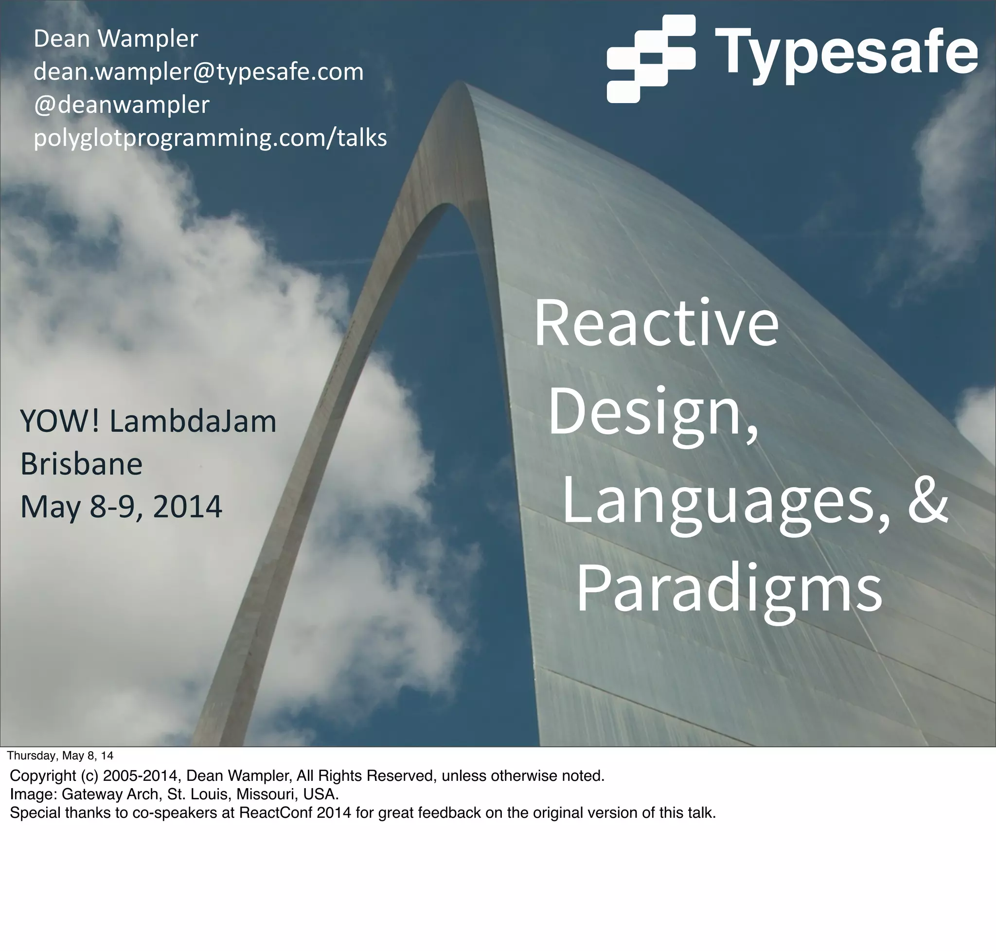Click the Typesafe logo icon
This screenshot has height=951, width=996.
click(651, 58)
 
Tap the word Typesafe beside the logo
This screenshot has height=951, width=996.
click(846, 52)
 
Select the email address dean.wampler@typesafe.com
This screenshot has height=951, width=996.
click(198, 72)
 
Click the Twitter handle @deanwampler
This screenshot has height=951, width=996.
click(121, 105)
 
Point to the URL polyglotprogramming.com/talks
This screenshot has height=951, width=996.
click(210, 138)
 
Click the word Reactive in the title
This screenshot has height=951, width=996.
click(656, 323)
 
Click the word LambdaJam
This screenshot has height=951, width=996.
click(193, 422)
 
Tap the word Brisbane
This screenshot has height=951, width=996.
click(81, 464)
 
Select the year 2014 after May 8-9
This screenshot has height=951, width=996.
click(187, 507)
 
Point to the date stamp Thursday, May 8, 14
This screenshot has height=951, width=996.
click(60, 756)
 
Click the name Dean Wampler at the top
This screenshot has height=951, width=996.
click(116, 38)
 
